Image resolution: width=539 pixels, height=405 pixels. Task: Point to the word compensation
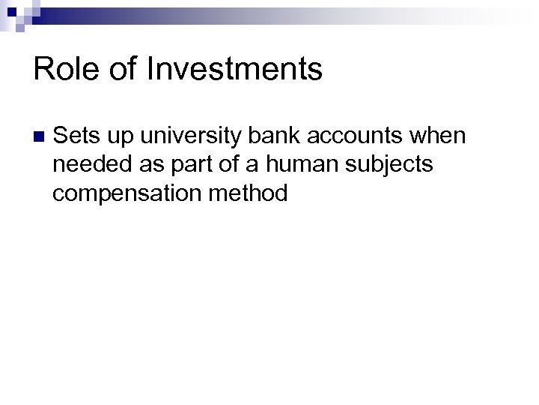[120, 193]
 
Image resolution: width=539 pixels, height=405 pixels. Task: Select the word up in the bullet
[120, 138]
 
